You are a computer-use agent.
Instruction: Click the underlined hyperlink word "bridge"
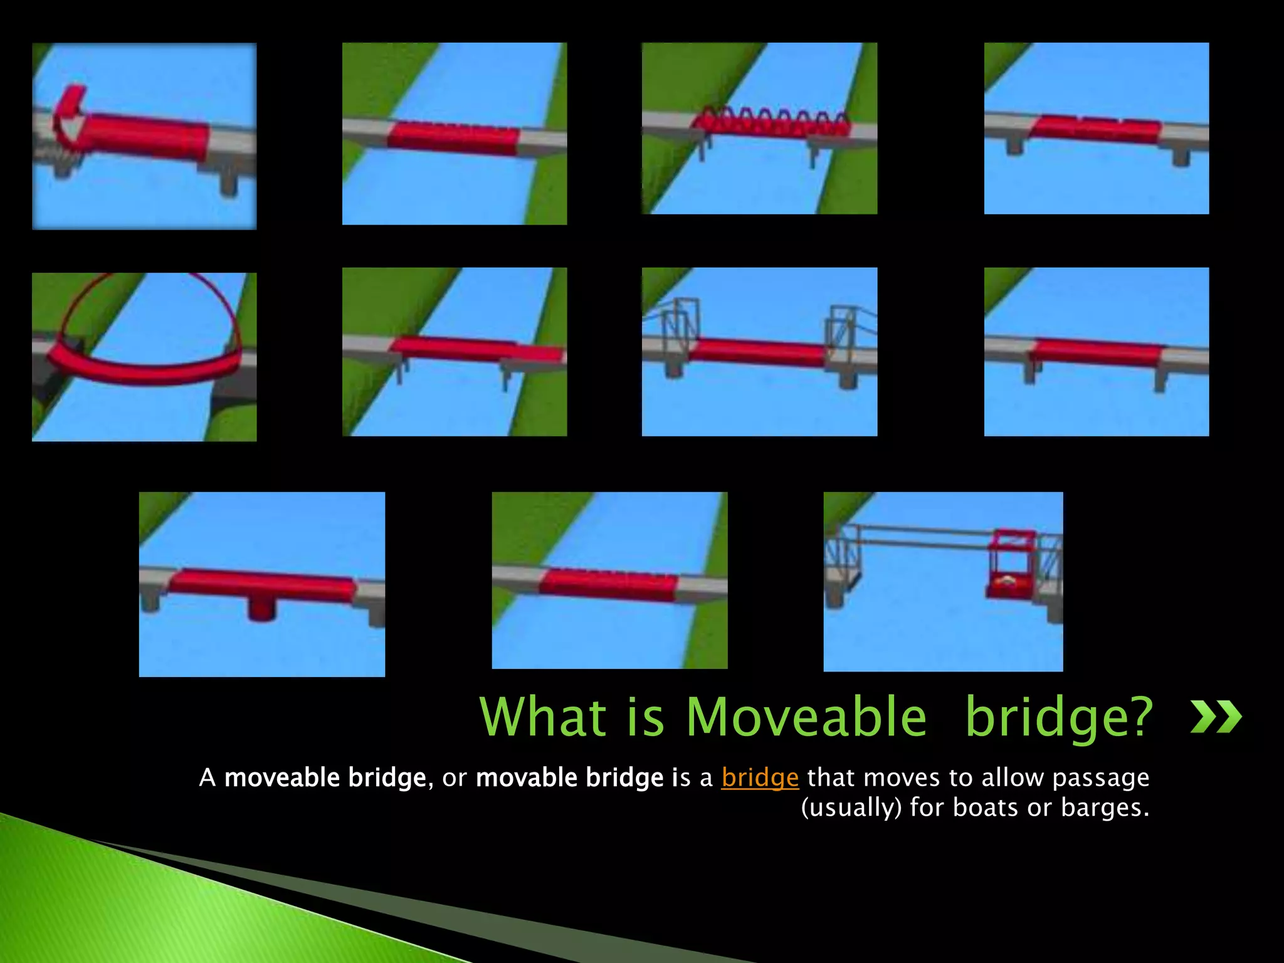pos(760,778)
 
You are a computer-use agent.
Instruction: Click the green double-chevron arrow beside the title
pos(1216,717)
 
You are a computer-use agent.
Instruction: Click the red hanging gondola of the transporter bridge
pos(1010,567)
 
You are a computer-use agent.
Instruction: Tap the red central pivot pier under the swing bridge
pos(261,608)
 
